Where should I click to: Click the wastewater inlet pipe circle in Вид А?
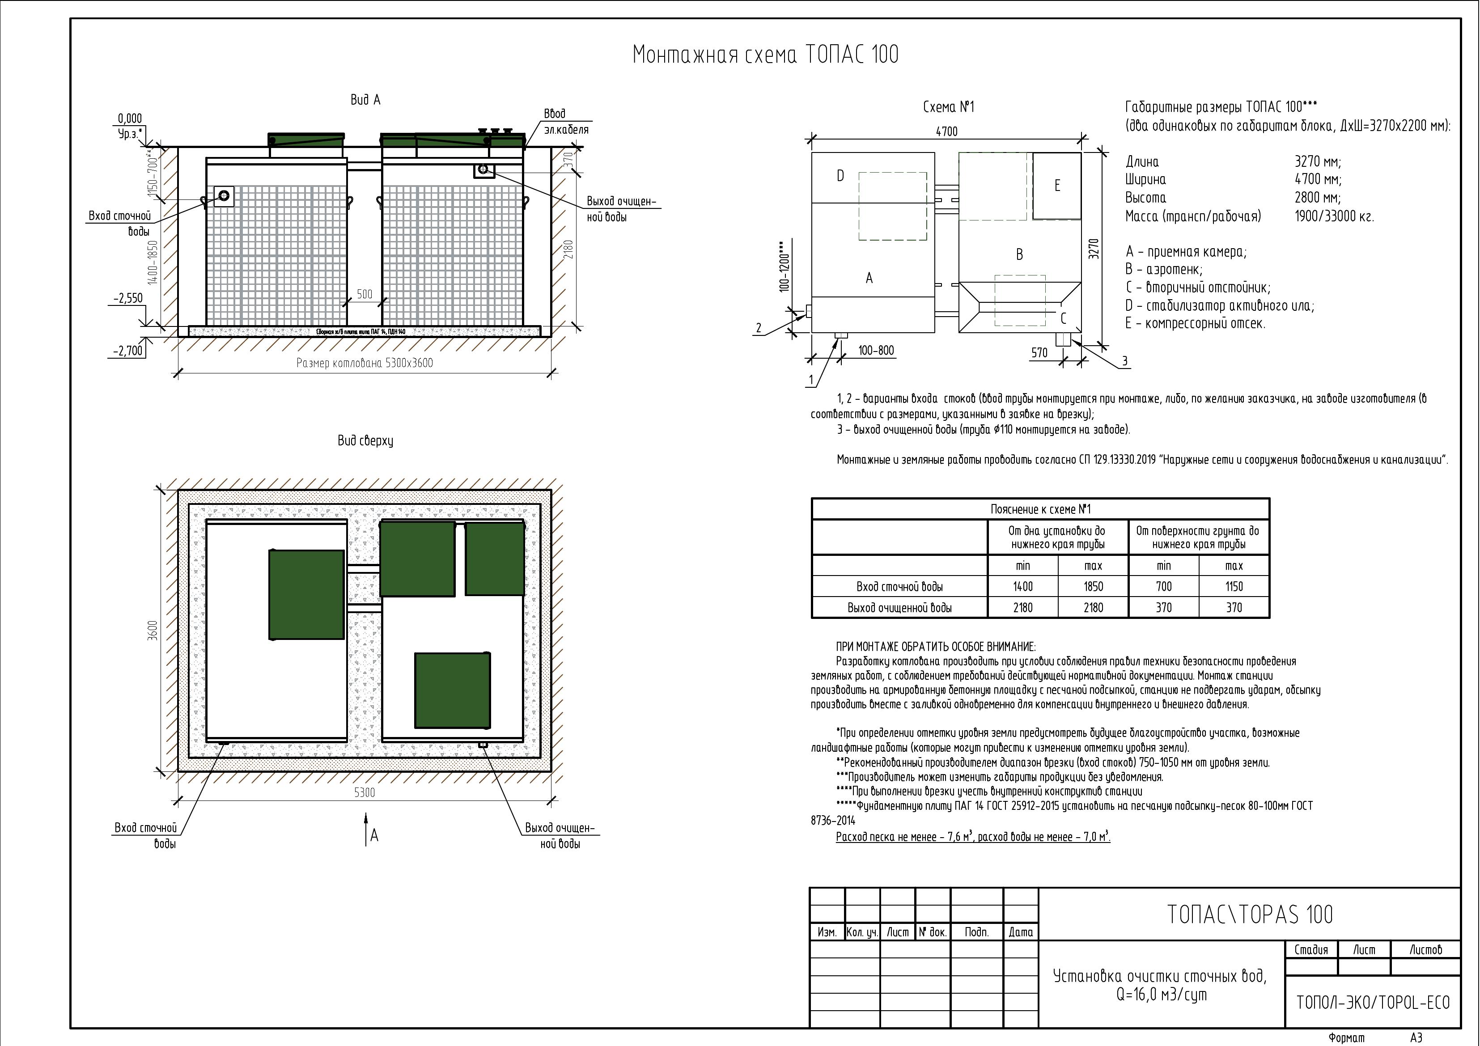click(224, 195)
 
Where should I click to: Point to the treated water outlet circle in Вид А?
click(483, 169)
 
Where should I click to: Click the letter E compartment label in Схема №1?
click(1057, 186)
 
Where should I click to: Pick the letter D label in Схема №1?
click(840, 175)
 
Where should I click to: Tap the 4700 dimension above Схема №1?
click(946, 131)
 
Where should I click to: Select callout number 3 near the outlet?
click(1125, 361)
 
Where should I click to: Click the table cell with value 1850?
click(1093, 586)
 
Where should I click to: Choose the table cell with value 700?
click(1163, 586)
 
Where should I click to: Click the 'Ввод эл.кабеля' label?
click(565, 122)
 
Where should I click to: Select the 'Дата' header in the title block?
click(1020, 932)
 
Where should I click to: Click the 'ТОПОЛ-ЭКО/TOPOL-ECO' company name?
click(1372, 1002)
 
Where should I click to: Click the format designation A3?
click(1416, 1038)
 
